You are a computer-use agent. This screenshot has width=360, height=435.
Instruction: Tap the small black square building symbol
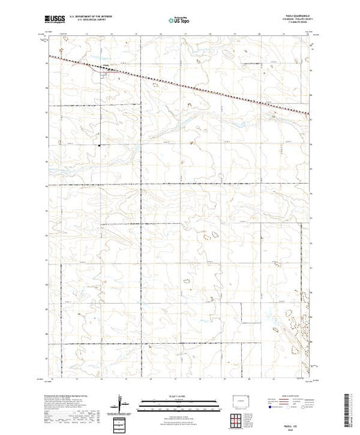pyautogui.click(x=99, y=145)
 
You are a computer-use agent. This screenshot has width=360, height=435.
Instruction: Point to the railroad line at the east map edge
pyautogui.click(x=306, y=113)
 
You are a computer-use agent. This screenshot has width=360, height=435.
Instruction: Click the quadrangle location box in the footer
pyautogui.click(x=122, y=422)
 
